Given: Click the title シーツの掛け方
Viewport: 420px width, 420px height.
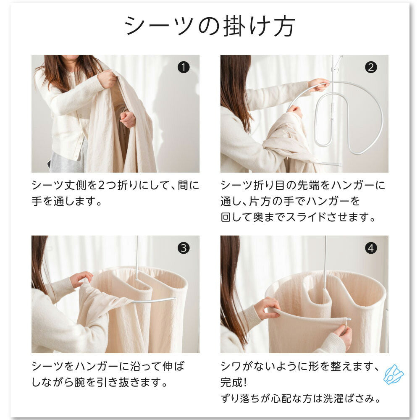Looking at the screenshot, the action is coord(210,26).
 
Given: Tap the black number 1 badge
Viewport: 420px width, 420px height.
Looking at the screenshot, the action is coord(184,67).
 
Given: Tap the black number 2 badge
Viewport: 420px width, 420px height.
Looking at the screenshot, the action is coord(371,67).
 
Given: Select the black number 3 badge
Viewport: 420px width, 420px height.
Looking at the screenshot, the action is coord(184,248).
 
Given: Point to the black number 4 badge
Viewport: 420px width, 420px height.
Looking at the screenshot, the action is coord(371,248).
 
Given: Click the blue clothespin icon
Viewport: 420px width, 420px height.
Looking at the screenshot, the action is coord(394,374).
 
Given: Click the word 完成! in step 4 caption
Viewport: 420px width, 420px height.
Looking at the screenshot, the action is coord(233,382).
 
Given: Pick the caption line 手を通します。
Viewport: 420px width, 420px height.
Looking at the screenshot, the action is coord(67,201).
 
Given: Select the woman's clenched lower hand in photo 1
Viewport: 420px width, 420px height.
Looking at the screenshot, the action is coord(128,119).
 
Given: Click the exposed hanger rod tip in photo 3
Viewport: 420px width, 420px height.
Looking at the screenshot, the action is coord(175,298).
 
